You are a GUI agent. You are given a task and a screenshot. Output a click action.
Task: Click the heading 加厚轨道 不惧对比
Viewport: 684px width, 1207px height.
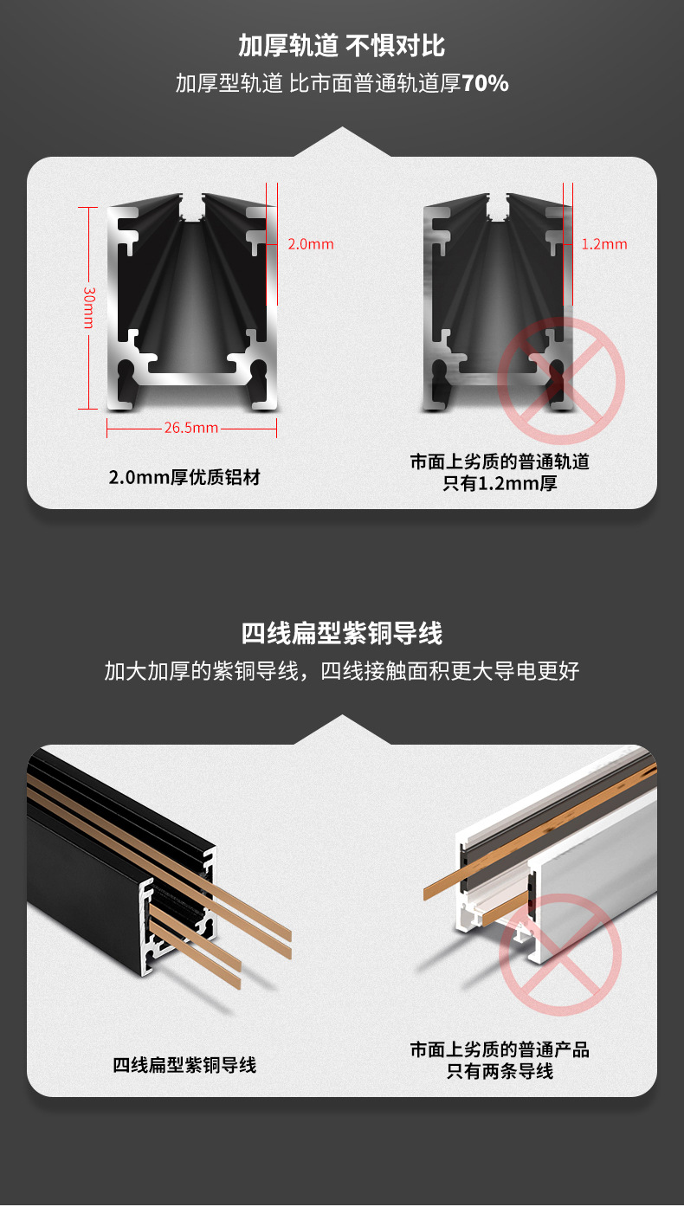pos(342,44)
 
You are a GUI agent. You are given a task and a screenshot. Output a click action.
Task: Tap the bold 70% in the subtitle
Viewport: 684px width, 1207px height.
pos(485,84)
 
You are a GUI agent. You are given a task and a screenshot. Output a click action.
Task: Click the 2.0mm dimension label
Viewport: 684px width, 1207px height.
pos(311,244)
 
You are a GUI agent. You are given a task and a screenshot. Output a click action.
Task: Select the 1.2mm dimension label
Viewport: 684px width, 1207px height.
pos(604,244)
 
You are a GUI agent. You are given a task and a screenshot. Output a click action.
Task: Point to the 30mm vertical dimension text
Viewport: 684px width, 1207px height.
pos(88,307)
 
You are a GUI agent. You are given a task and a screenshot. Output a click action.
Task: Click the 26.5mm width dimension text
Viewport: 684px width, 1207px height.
pos(191,427)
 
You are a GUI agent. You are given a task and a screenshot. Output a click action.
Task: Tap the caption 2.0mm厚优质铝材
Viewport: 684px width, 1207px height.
pos(184,477)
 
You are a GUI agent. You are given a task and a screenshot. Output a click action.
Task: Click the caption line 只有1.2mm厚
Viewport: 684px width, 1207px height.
pos(500,483)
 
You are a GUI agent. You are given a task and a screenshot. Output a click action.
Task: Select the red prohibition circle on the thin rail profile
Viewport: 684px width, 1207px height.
pos(560,379)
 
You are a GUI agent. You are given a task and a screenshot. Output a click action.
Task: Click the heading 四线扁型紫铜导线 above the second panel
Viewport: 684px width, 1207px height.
pos(342,633)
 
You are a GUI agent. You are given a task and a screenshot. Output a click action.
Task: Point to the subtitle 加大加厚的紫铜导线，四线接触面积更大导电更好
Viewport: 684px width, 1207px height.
pos(342,671)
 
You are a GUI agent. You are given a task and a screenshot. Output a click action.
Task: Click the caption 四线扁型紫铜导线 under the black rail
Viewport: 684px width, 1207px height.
pos(184,1065)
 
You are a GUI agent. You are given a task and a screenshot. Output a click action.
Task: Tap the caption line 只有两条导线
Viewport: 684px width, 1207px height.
pos(500,1071)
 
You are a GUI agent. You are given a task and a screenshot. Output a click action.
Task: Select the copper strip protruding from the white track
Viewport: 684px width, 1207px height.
pos(450,883)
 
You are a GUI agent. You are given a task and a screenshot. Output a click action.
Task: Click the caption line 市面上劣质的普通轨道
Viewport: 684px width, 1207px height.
pos(500,461)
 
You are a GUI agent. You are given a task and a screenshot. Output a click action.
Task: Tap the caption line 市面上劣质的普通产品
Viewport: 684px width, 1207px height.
pos(500,1049)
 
